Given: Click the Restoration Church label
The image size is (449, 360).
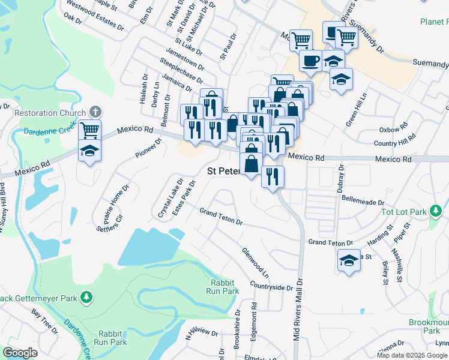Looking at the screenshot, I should (50, 113).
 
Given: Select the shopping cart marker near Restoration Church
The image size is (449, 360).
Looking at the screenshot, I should (89, 130).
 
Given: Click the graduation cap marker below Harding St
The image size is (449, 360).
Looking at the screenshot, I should (349, 261).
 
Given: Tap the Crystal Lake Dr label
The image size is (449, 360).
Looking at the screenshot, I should (170, 199).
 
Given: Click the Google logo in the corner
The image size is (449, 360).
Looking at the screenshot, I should (20, 353).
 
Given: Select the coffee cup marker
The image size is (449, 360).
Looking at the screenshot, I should (310, 61).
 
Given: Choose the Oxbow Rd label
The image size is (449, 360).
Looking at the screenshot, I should (393, 130).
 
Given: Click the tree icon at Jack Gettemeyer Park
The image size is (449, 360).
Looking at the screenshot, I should (86, 297).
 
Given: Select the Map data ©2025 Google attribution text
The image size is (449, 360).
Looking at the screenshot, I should (411, 355).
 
